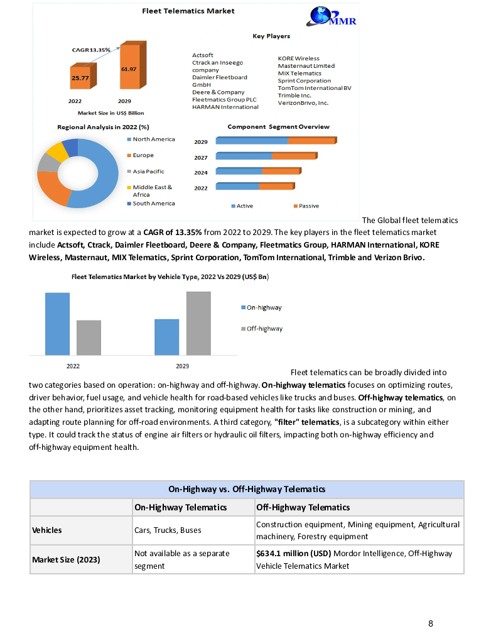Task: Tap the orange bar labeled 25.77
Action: (x=80, y=77)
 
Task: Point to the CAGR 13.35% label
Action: (x=91, y=50)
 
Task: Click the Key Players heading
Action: (x=271, y=36)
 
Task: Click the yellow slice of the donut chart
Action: (x=56, y=151)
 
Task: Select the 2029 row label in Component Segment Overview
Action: (x=200, y=142)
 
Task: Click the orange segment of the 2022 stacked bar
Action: (x=276, y=187)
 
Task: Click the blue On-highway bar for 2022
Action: (x=57, y=324)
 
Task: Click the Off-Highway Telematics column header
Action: (x=303, y=507)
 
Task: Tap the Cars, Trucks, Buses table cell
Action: (x=168, y=530)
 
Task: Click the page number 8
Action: (x=431, y=623)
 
